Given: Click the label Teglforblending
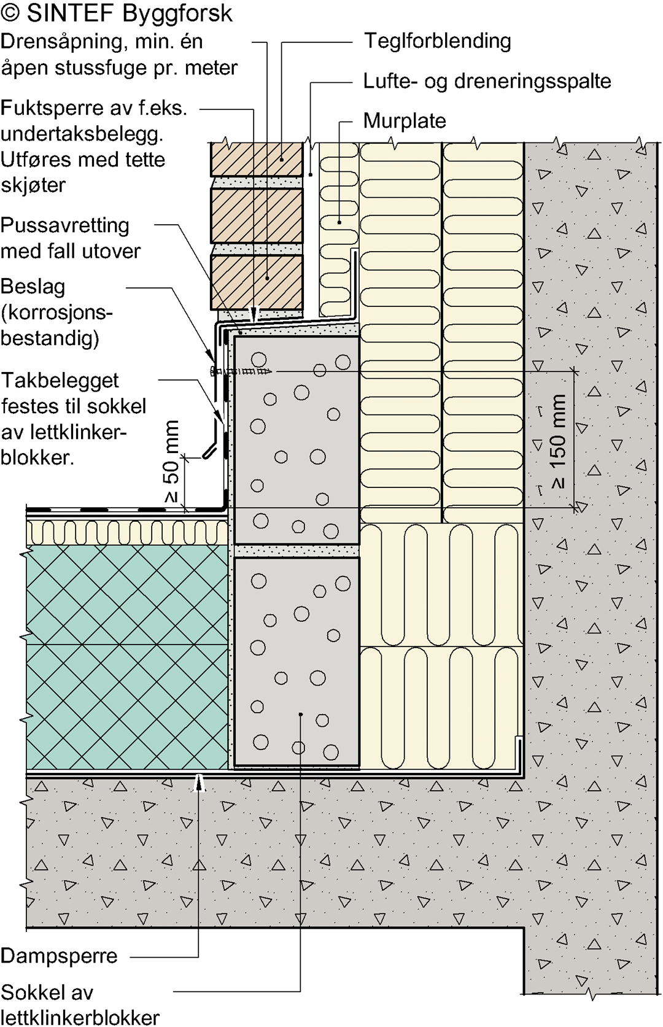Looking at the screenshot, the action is click(x=437, y=41).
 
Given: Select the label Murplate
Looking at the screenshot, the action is click(x=405, y=121).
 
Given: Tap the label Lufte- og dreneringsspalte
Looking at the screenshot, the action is click(x=487, y=81).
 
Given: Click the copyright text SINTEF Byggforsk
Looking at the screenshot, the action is click(x=130, y=14).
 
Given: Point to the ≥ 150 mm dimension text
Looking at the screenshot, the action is click(x=559, y=441).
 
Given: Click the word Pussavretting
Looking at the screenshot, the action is click(x=65, y=225).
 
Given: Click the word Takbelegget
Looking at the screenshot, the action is click(x=60, y=381).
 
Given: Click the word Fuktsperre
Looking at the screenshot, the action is click(x=52, y=109).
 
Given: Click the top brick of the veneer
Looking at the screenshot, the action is click(x=257, y=159).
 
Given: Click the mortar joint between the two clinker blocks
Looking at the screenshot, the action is click(x=296, y=551).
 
